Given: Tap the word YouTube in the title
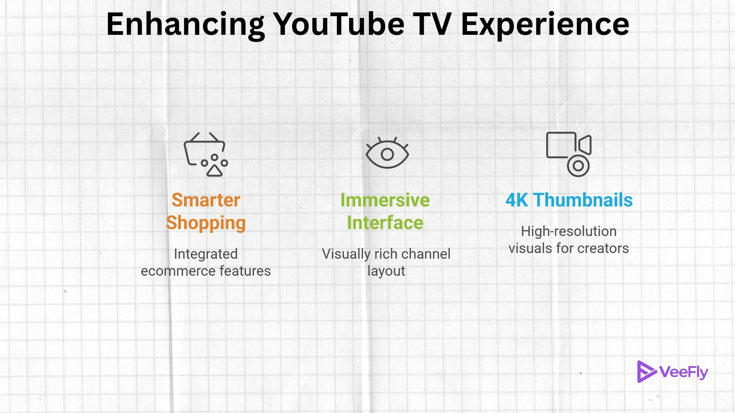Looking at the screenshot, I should click(339, 24).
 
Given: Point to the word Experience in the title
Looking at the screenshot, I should click(545, 24).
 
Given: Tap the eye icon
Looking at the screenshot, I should click(387, 154).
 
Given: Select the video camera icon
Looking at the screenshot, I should click(569, 154).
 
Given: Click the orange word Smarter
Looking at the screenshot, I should click(206, 200).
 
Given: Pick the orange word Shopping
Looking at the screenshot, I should click(206, 223).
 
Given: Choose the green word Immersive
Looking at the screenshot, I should click(385, 200).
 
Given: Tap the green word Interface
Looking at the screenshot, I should click(385, 223).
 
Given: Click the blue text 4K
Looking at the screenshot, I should click(516, 200).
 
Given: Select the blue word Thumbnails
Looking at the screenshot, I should click(583, 200).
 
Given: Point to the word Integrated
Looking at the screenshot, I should click(206, 254).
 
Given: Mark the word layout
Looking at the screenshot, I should click(386, 271).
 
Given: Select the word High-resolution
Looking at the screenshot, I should click(569, 231).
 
